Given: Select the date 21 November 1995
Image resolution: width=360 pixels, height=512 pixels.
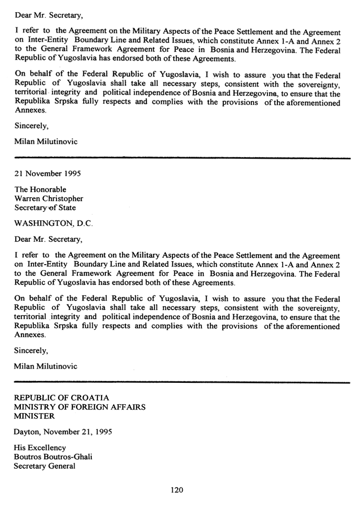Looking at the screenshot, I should [x=48, y=174].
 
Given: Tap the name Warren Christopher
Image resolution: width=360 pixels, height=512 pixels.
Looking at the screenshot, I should [x=49, y=199].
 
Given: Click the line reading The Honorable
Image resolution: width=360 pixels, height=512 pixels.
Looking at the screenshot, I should [x=41, y=190].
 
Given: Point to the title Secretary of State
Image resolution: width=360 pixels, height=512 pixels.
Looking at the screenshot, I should [x=46, y=208].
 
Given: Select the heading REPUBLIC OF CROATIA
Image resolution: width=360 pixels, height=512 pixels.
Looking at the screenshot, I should [x=62, y=398].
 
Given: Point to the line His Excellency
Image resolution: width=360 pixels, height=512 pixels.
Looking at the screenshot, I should [x=40, y=448].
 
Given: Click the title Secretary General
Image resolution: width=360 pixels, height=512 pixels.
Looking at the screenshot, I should [x=45, y=466].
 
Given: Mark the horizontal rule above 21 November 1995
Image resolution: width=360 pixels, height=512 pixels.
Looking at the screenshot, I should [x=182, y=157].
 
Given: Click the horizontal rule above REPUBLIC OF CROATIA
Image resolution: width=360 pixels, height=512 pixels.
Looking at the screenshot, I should [x=182, y=382].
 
